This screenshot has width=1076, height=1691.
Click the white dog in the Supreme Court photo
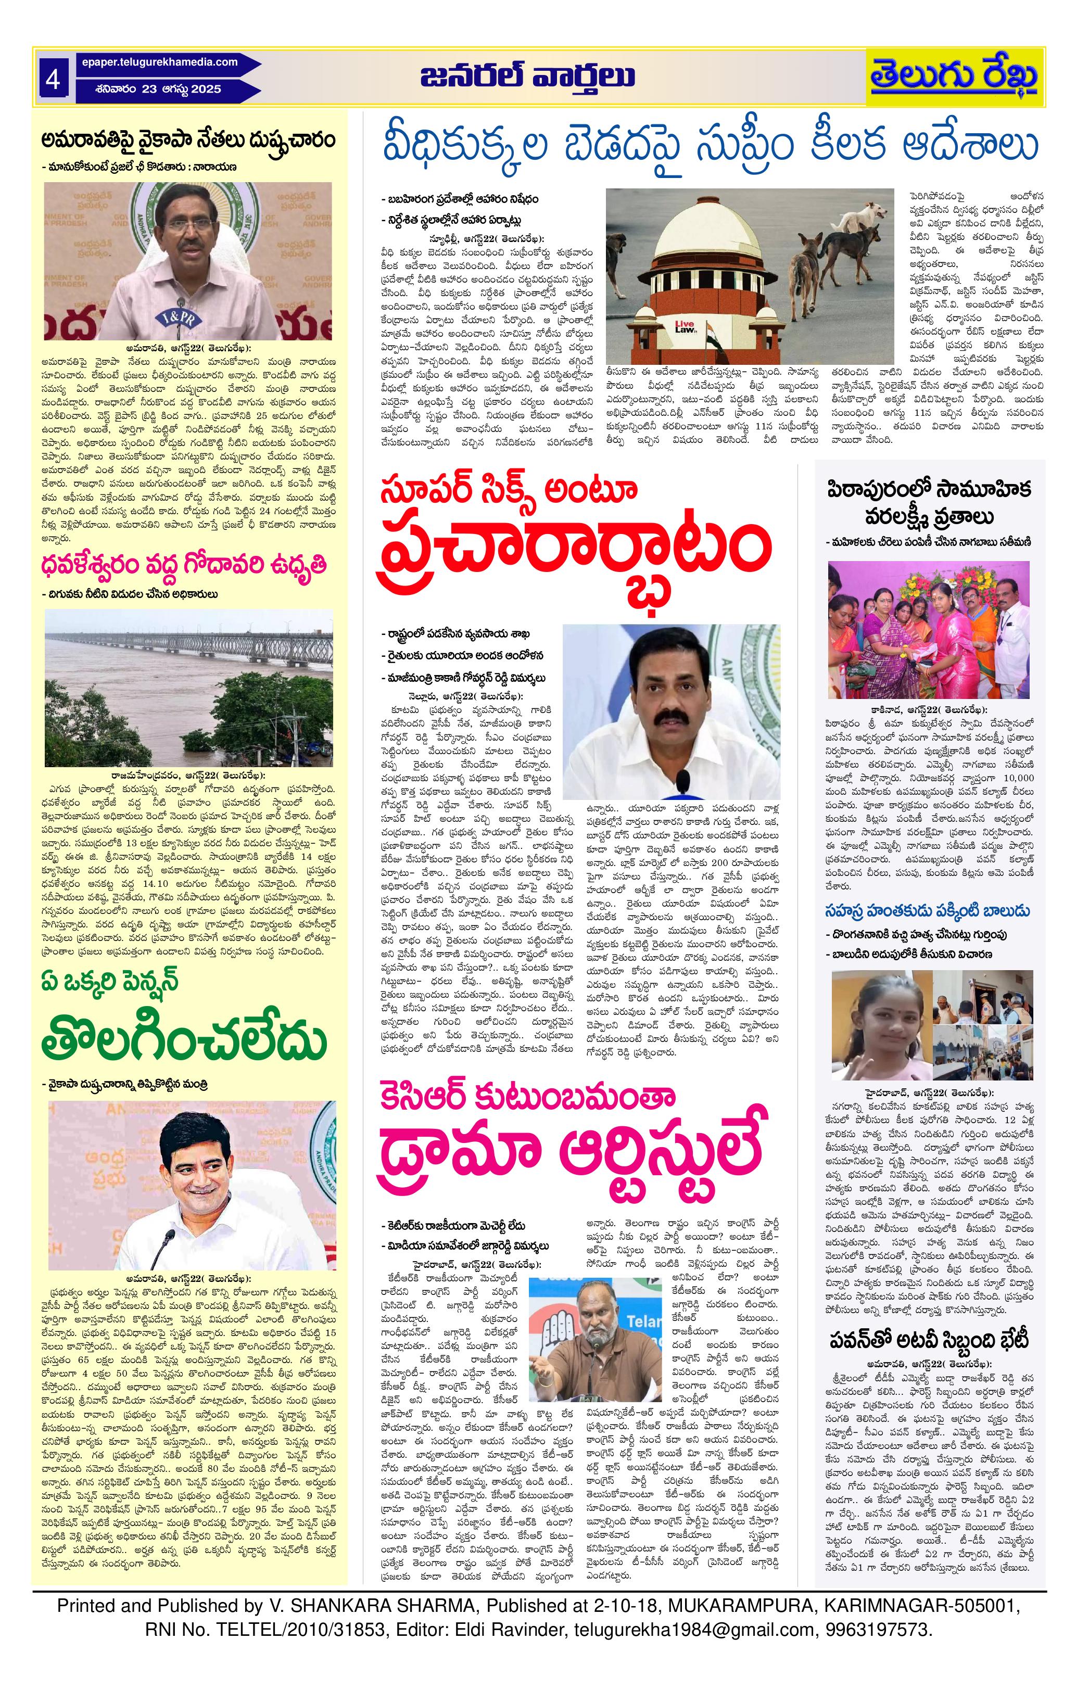pyautogui.click(x=868, y=211)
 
